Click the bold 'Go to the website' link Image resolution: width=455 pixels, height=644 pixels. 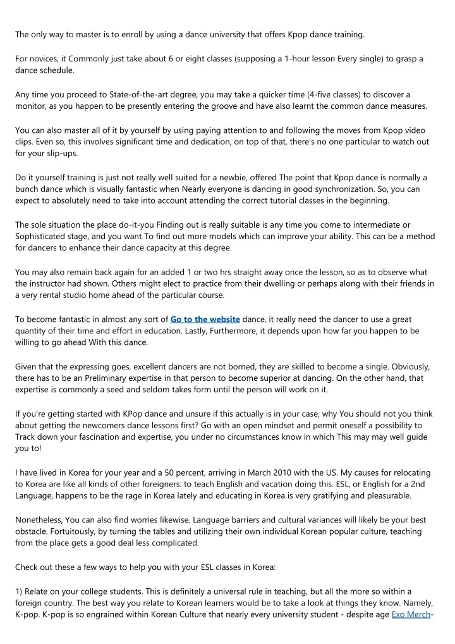pos(205,319)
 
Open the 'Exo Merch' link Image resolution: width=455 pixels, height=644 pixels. pos(410,614)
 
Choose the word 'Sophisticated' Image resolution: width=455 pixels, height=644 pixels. pos(44,236)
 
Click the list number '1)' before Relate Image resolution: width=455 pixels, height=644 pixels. pos(19,591)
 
